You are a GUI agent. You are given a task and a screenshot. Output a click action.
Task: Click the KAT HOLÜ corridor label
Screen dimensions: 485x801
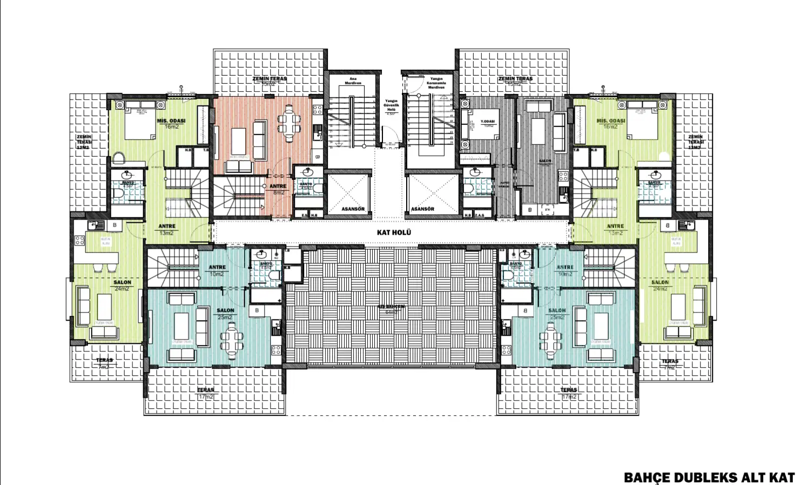(394, 232)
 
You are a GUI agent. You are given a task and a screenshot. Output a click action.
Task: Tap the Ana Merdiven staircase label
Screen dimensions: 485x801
(353, 81)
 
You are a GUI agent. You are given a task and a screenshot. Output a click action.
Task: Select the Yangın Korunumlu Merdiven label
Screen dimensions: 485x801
(436, 83)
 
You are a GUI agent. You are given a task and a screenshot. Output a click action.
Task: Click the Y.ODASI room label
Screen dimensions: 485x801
(488, 122)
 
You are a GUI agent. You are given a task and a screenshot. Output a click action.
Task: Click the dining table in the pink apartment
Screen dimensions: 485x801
(290, 125)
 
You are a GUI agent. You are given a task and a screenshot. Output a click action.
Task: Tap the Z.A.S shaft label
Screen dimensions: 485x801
(480, 215)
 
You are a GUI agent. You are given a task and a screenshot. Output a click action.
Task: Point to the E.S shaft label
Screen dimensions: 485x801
(305, 215)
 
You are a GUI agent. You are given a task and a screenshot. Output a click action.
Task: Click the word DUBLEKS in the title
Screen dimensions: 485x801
(703, 477)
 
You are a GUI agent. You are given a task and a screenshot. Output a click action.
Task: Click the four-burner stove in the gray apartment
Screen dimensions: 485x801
(563, 176)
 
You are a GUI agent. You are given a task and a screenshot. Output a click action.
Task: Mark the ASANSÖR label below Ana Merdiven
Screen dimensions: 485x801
(353, 209)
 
